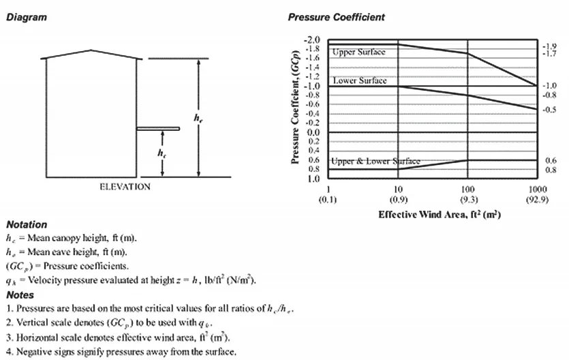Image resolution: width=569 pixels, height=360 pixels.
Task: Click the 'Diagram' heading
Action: coord(27,17)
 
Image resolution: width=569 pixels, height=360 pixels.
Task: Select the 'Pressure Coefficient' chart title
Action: coord(336,17)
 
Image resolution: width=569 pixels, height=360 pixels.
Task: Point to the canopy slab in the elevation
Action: coord(158,128)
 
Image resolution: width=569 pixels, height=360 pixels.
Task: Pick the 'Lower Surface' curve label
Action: coord(359,81)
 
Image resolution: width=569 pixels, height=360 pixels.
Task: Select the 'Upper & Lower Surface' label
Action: coord(375,161)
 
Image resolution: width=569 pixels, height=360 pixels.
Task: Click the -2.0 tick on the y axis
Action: coord(314,41)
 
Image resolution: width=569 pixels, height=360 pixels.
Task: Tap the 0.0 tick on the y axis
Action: coord(316,132)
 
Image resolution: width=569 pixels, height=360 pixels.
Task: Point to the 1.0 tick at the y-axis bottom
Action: coord(316,179)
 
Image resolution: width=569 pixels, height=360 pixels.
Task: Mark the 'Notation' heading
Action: coord(27,224)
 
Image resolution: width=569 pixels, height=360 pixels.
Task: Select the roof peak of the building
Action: coord(91,49)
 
